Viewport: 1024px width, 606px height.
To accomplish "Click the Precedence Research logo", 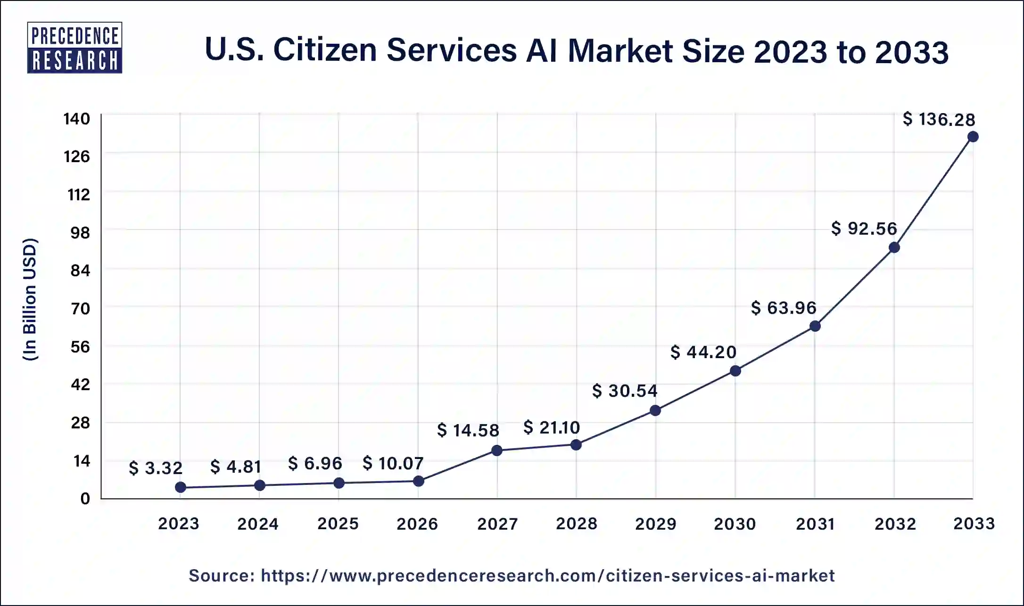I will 74,48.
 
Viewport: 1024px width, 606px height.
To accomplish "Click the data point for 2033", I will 973,137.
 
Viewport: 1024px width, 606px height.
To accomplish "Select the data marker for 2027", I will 496,450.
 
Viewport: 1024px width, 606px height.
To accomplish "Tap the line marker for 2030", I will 735,371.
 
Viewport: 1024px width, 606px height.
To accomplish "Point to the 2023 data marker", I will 180,487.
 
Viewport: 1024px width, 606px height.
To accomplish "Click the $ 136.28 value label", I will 939,119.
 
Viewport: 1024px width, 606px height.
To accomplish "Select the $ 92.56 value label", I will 864,229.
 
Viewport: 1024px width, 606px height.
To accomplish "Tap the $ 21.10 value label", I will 552,427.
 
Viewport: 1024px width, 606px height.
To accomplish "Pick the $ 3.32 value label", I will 156,468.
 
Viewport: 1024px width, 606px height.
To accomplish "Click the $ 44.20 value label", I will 703,352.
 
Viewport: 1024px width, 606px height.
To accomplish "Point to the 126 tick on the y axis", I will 77,156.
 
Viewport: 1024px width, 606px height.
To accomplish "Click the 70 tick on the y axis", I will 80,309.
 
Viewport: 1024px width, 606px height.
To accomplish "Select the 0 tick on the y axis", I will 85,499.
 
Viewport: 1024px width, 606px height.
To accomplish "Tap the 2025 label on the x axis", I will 338,524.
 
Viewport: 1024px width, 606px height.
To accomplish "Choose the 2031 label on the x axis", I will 815,524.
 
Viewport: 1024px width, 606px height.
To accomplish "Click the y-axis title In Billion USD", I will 30,300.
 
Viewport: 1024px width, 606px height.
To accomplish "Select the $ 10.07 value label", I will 393,463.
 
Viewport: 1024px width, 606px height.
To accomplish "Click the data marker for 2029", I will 655,410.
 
